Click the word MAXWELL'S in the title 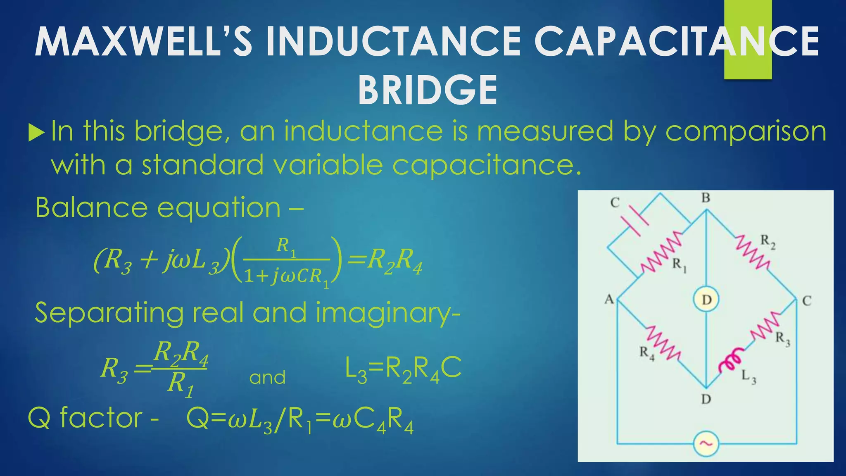click(x=143, y=42)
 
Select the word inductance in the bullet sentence click(x=363, y=131)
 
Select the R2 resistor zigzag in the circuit click(x=753, y=252)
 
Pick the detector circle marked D click(x=706, y=300)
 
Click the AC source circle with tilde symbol click(x=706, y=444)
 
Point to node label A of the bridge click(x=609, y=299)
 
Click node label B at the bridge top click(x=706, y=198)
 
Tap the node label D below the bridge click(x=706, y=399)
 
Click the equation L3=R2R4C click(x=403, y=369)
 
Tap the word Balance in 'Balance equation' click(x=90, y=207)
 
